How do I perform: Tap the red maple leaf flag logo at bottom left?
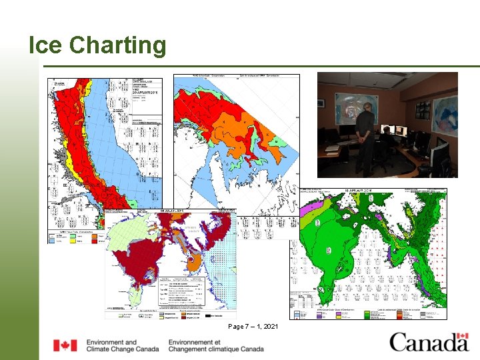[x=65, y=345]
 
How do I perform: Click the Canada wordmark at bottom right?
[x=429, y=342]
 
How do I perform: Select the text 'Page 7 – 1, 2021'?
[x=253, y=326]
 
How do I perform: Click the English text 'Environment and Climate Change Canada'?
[x=123, y=345]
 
